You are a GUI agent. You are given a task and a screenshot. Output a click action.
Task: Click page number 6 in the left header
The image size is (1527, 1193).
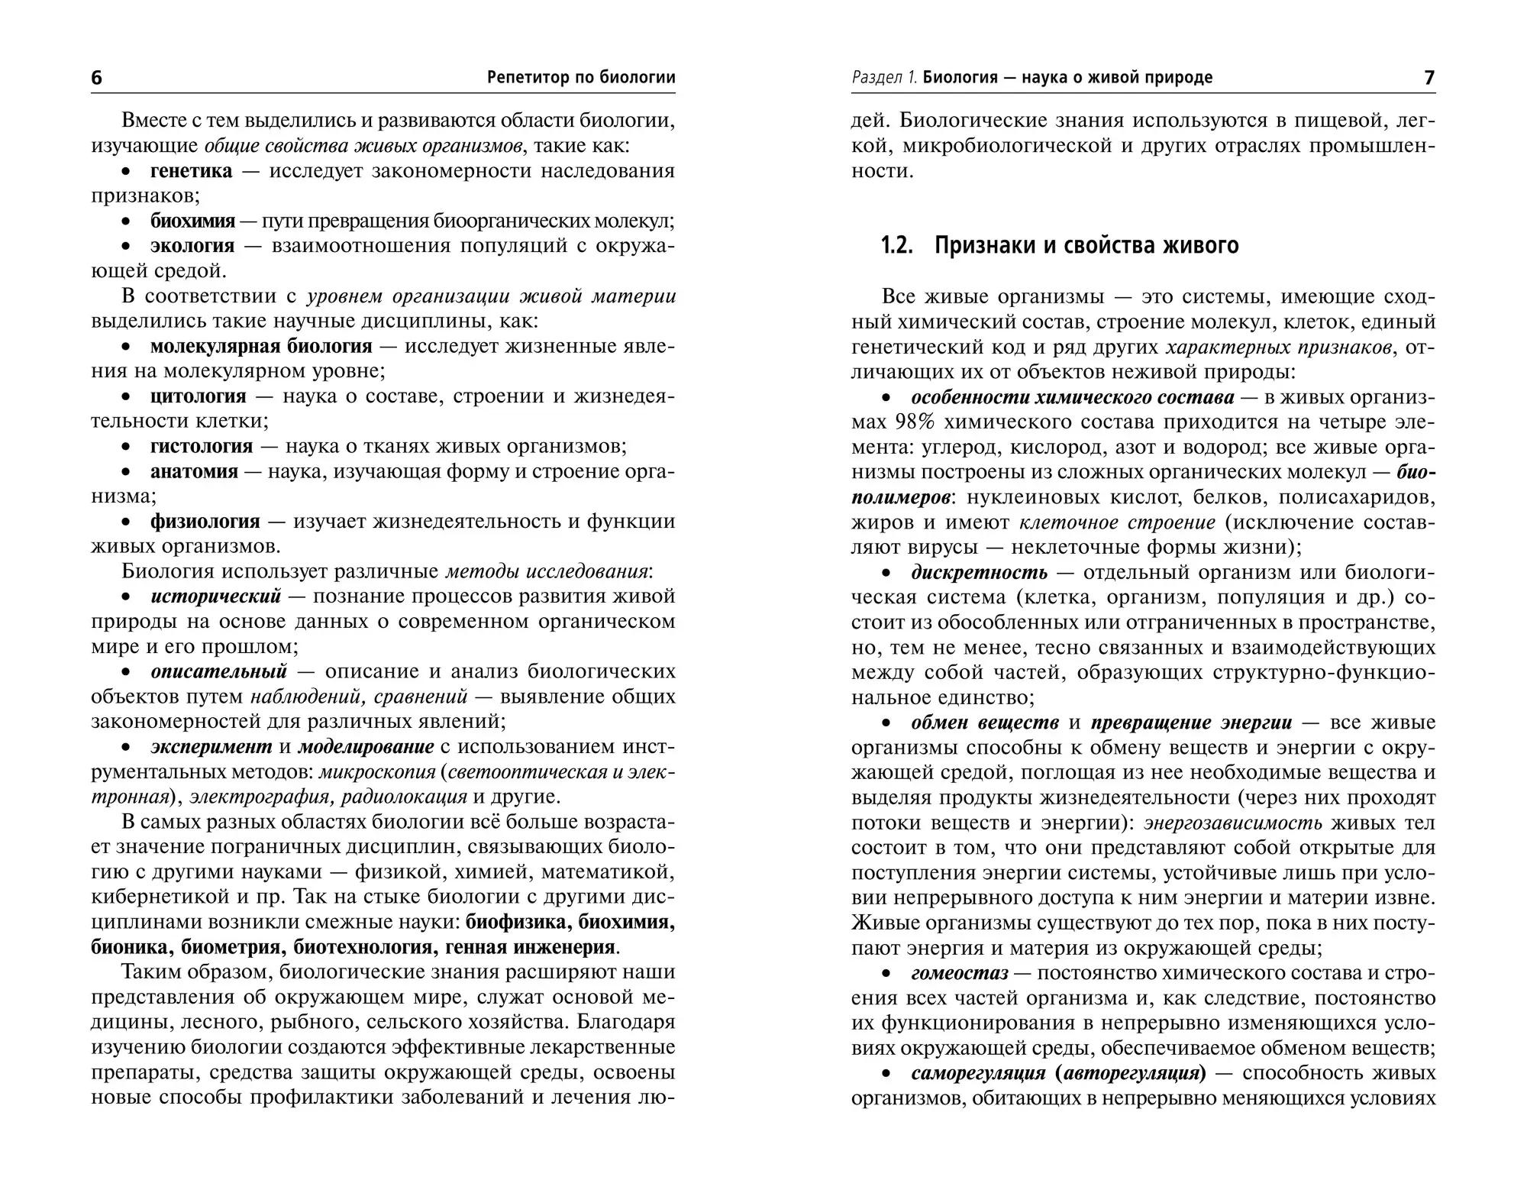[x=96, y=78]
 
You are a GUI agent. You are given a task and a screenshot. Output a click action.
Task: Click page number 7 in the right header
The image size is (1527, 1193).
[x=1429, y=78]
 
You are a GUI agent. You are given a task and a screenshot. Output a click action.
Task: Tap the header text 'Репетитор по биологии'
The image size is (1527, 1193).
[x=580, y=78]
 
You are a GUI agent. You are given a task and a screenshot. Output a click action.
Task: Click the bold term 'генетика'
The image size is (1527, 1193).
[x=191, y=171]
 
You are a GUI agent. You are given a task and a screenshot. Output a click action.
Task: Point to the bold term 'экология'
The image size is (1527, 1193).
[x=192, y=246]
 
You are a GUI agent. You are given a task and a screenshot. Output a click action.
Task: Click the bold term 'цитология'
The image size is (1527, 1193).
[x=198, y=396]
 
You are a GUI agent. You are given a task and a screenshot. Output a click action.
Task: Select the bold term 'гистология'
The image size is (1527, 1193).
[x=201, y=446]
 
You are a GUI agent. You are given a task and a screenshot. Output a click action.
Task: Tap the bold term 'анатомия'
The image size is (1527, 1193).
[x=194, y=471]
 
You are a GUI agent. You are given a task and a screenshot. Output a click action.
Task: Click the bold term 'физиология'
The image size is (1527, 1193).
[x=205, y=522]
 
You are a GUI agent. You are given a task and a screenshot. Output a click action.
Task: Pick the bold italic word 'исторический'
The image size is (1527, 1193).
[x=216, y=596]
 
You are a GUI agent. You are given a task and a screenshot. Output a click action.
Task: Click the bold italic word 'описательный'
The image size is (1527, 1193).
[x=218, y=672]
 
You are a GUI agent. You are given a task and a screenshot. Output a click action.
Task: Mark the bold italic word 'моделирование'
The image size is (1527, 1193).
[x=366, y=746]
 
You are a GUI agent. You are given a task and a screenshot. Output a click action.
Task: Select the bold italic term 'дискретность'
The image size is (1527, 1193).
[x=979, y=573]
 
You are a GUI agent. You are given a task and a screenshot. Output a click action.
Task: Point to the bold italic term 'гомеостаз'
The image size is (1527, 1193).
[x=959, y=974]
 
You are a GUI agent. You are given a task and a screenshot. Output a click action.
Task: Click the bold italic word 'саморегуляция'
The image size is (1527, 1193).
[x=980, y=1074]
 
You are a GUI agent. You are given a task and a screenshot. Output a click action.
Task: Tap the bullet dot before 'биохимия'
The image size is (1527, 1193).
[x=127, y=222]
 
